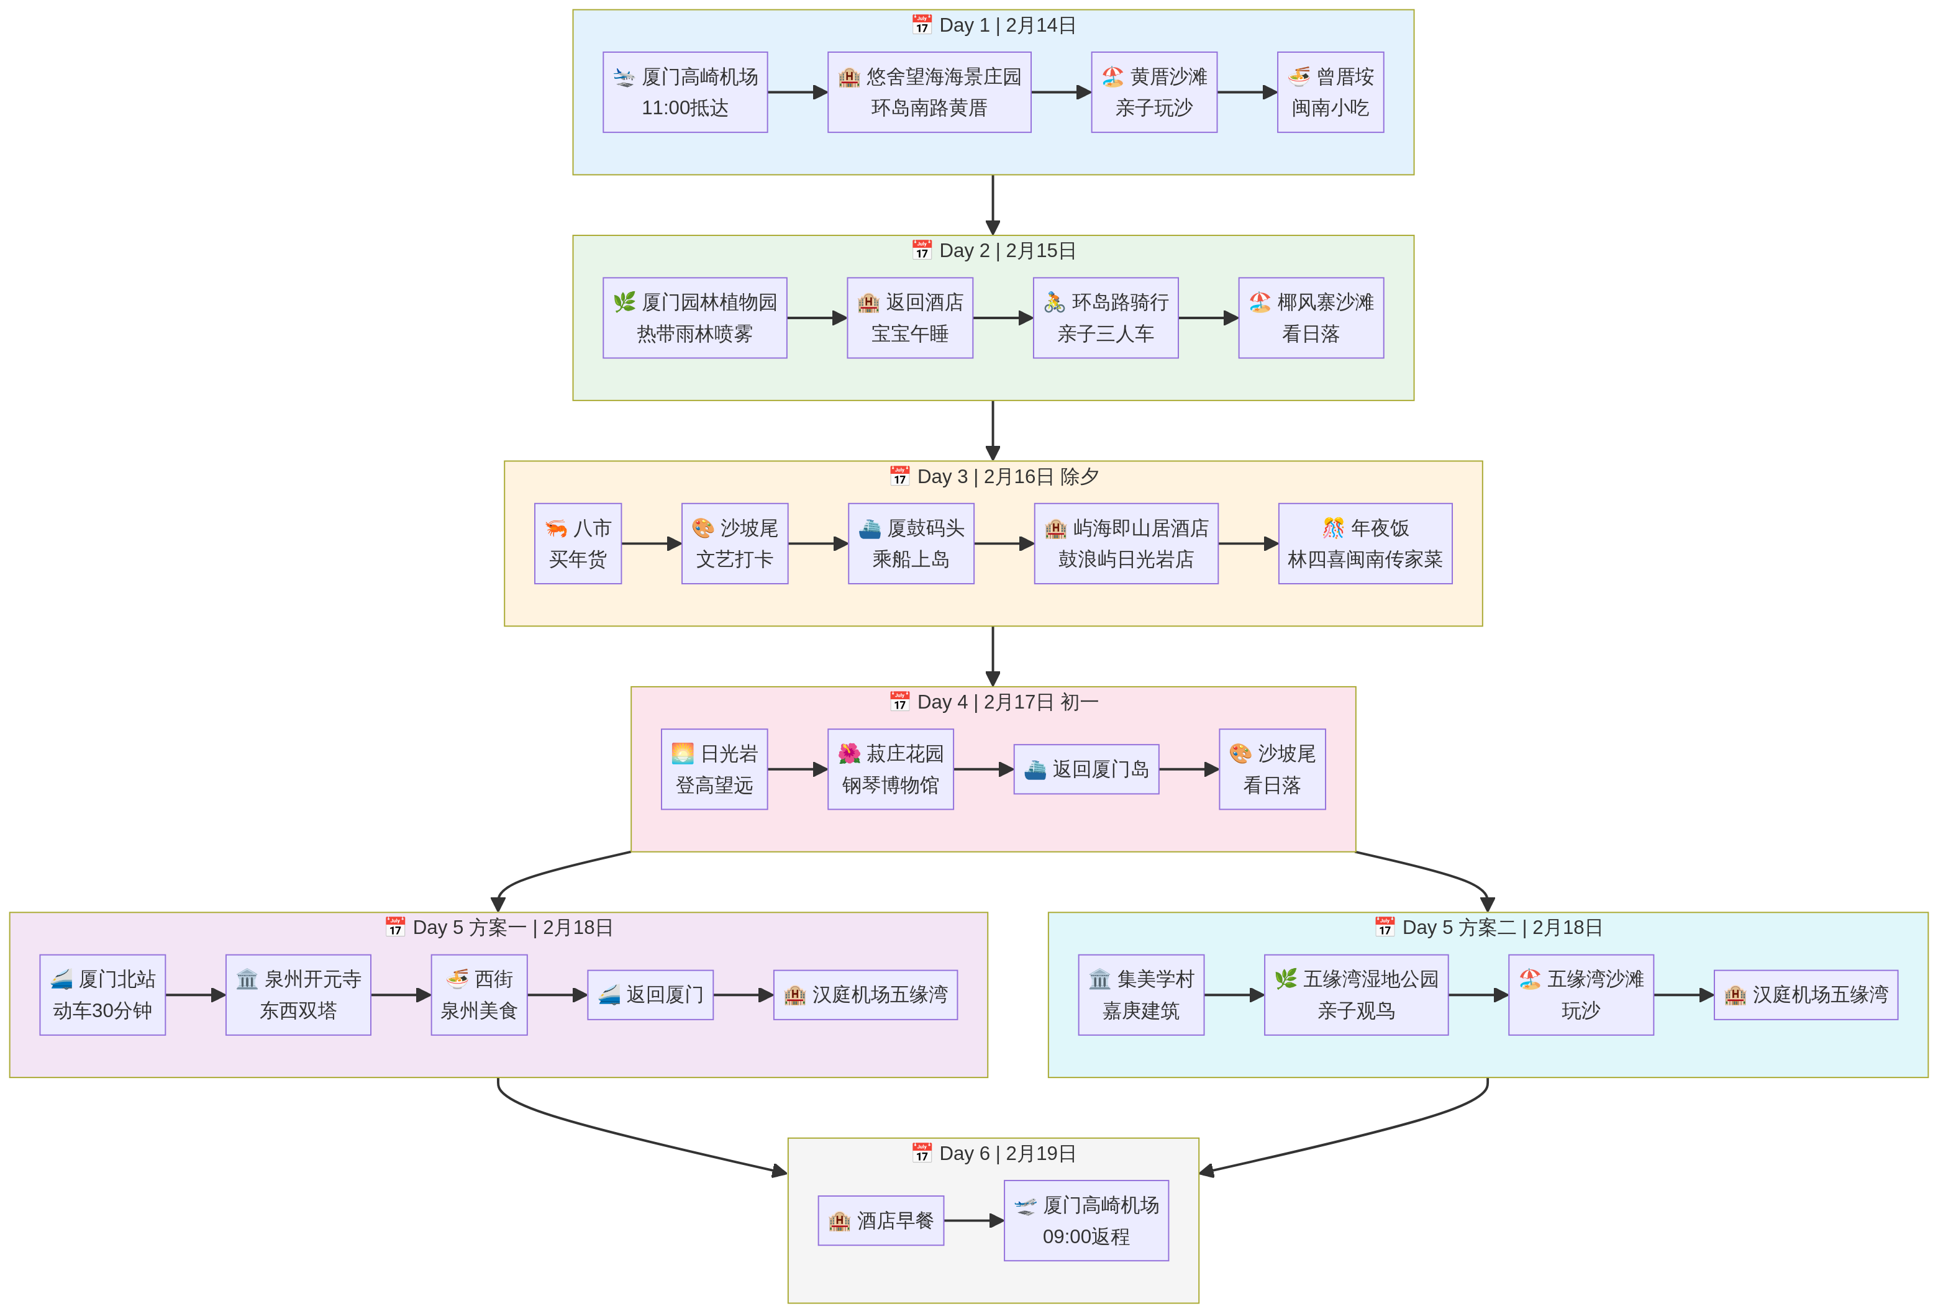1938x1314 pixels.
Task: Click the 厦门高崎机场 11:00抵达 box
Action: coord(685,92)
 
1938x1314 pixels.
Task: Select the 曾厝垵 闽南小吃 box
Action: coord(1329,92)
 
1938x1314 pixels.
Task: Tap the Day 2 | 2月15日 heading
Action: coord(993,250)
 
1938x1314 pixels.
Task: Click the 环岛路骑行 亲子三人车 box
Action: coord(1105,318)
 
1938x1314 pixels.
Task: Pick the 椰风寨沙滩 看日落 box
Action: coord(1310,318)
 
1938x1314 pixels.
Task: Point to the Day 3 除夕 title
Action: coord(993,476)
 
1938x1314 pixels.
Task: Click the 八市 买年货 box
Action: coord(577,543)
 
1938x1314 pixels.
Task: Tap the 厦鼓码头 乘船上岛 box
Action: coord(911,543)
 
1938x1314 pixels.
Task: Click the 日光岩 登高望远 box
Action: coord(714,769)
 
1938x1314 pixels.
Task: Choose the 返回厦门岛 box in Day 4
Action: coord(1086,769)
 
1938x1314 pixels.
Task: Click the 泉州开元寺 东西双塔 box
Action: coord(298,995)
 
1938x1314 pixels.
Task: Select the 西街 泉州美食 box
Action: coord(479,995)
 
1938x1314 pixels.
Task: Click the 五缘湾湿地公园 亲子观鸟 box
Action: coord(1355,995)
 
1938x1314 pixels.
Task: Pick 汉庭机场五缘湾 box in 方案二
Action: coord(1806,995)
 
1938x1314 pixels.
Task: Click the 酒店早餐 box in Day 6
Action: coord(881,1221)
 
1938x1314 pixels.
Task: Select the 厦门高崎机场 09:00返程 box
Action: coord(1086,1221)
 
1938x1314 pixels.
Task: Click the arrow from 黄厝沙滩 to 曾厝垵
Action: coord(1246,93)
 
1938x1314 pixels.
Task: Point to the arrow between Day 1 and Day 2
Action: coord(993,204)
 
